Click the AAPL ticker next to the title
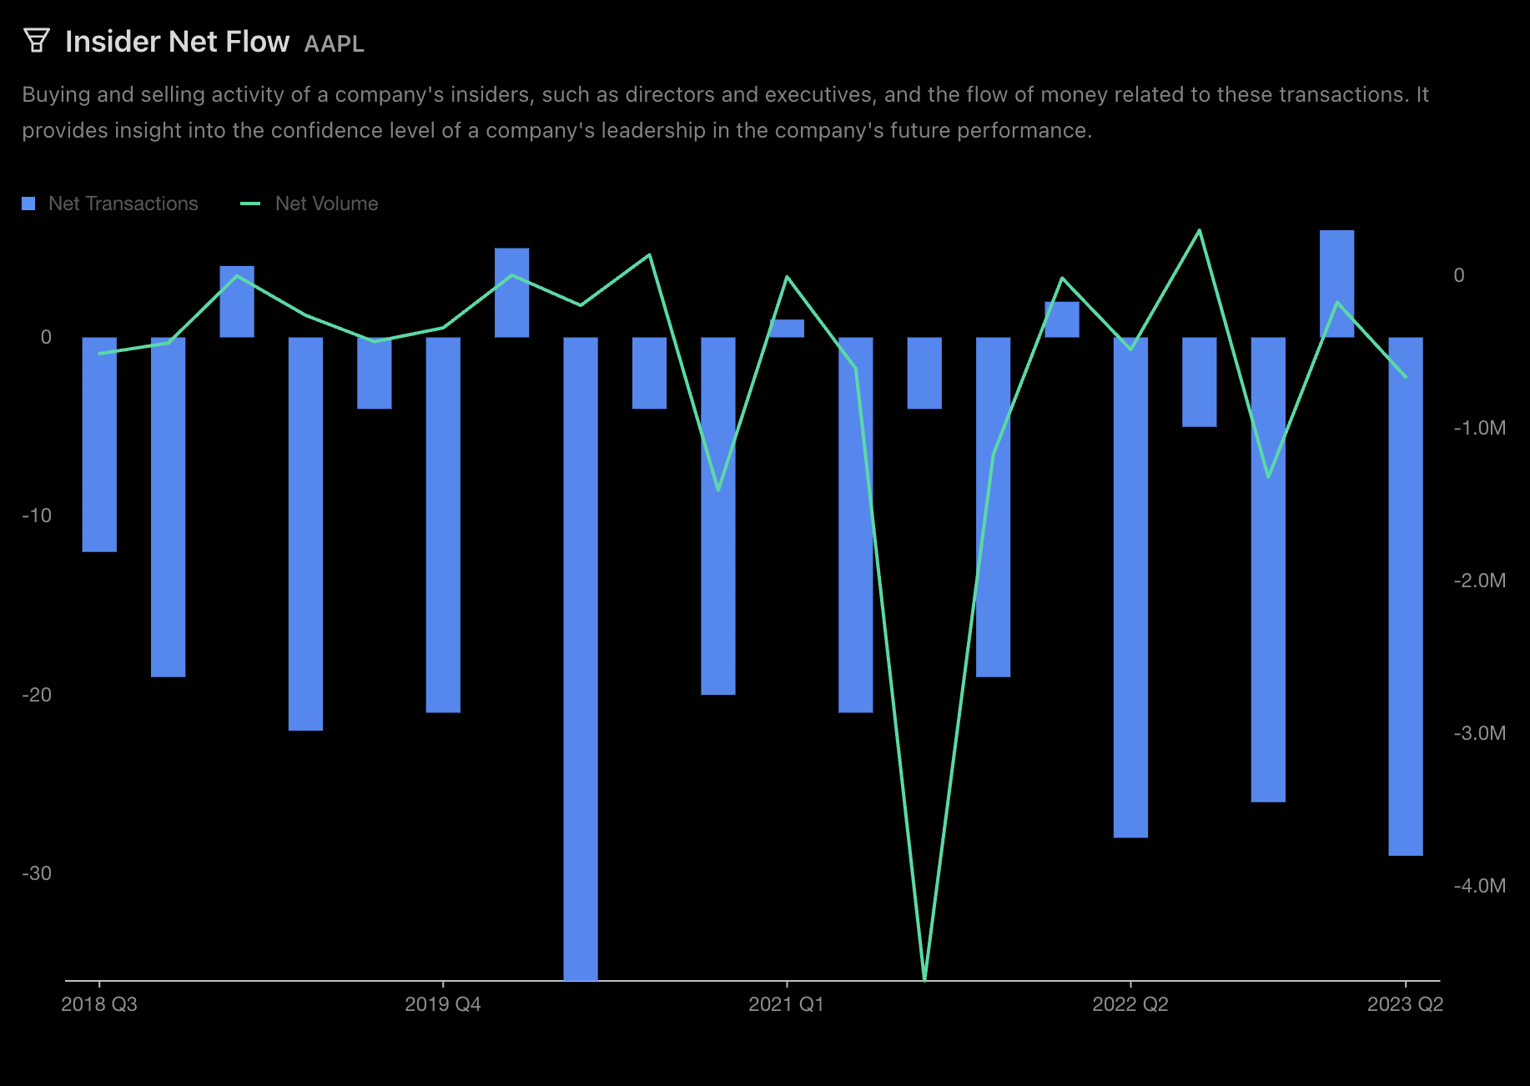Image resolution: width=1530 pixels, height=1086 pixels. [x=334, y=43]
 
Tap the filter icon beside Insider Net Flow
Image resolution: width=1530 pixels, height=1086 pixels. [x=36, y=40]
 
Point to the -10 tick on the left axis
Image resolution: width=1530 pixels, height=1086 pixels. [x=37, y=515]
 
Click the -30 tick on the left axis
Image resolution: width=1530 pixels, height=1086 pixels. [x=37, y=873]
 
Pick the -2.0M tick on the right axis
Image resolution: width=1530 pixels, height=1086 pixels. [x=1479, y=581]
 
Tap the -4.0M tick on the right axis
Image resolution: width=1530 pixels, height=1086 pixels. [x=1479, y=886]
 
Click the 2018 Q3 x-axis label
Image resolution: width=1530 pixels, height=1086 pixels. [x=99, y=1004]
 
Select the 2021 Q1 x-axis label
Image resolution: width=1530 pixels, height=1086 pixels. [x=786, y=1004]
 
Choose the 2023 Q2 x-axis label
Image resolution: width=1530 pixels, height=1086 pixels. [x=1405, y=1004]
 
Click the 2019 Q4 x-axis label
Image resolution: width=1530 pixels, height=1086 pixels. [x=442, y=1004]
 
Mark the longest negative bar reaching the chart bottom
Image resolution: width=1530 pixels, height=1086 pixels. [x=581, y=659]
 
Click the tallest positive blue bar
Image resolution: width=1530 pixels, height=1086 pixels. [x=1336, y=284]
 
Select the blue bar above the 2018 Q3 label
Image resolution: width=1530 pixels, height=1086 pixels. [x=99, y=444]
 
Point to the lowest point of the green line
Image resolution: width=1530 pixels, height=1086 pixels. [x=924, y=978]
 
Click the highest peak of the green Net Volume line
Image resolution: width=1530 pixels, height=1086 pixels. [x=1199, y=231]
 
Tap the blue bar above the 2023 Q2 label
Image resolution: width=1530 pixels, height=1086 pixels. [x=1405, y=596]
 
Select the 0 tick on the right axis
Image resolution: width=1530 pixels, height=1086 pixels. [x=1459, y=275]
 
